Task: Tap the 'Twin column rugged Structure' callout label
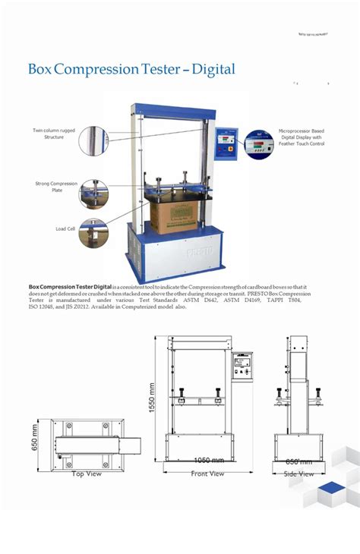pyautogui.click(x=54, y=134)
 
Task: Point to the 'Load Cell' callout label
pyautogui.click(x=65, y=228)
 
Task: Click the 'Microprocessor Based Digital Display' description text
pyautogui.click(x=302, y=137)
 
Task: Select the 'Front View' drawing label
pyautogui.click(x=207, y=474)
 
